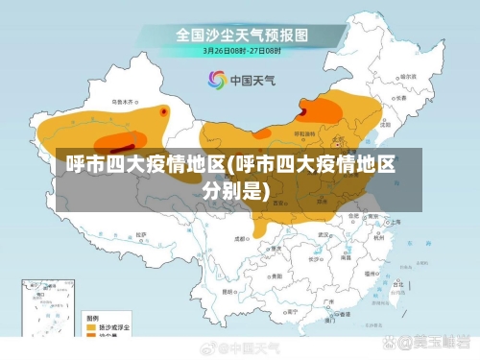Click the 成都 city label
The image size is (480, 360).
(242, 236)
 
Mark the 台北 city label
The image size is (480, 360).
(395, 278)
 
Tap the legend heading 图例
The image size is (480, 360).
(91, 317)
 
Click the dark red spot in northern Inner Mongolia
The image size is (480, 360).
(303, 111)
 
